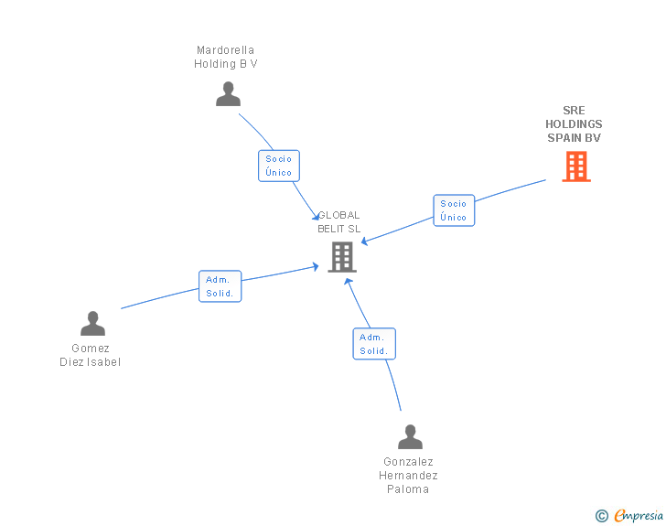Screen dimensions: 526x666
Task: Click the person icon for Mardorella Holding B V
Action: pos(228,93)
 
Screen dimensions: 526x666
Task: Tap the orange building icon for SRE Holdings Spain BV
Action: pos(575,166)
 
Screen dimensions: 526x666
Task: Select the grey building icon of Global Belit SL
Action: pos(341,257)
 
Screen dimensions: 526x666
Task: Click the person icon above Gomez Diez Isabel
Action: pos(92,323)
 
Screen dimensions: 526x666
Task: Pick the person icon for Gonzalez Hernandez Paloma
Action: pos(410,436)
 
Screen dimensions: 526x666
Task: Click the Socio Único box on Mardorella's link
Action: pos(279,166)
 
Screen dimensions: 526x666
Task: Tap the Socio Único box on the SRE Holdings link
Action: pos(454,210)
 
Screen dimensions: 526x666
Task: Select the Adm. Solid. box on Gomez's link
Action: pos(220,286)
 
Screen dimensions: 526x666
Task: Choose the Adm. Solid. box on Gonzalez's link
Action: pos(374,344)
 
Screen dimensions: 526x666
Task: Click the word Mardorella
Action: pos(226,50)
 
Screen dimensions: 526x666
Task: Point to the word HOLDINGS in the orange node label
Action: pos(574,124)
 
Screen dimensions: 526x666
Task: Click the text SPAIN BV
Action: pos(574,138)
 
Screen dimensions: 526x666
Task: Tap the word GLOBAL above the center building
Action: pos(339,216)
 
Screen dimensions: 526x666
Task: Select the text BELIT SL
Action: pos(339,229)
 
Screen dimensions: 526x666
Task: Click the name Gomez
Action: pos(91,349)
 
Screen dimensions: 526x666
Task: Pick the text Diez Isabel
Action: pos(91,361)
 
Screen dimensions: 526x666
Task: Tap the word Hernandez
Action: pos(409,476)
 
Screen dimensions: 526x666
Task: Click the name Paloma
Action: pos(408,489)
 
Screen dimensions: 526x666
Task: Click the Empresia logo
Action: pos(639,516)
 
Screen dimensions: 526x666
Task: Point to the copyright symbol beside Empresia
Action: pos(602,516)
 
